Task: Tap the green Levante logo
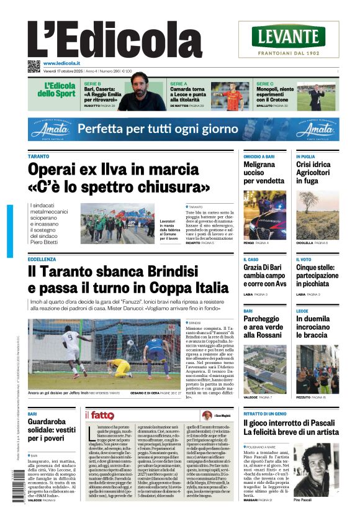288,37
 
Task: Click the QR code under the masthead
34,66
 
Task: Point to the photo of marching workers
117,223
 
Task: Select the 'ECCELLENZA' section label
42,259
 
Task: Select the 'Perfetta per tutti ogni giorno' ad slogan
163,129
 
